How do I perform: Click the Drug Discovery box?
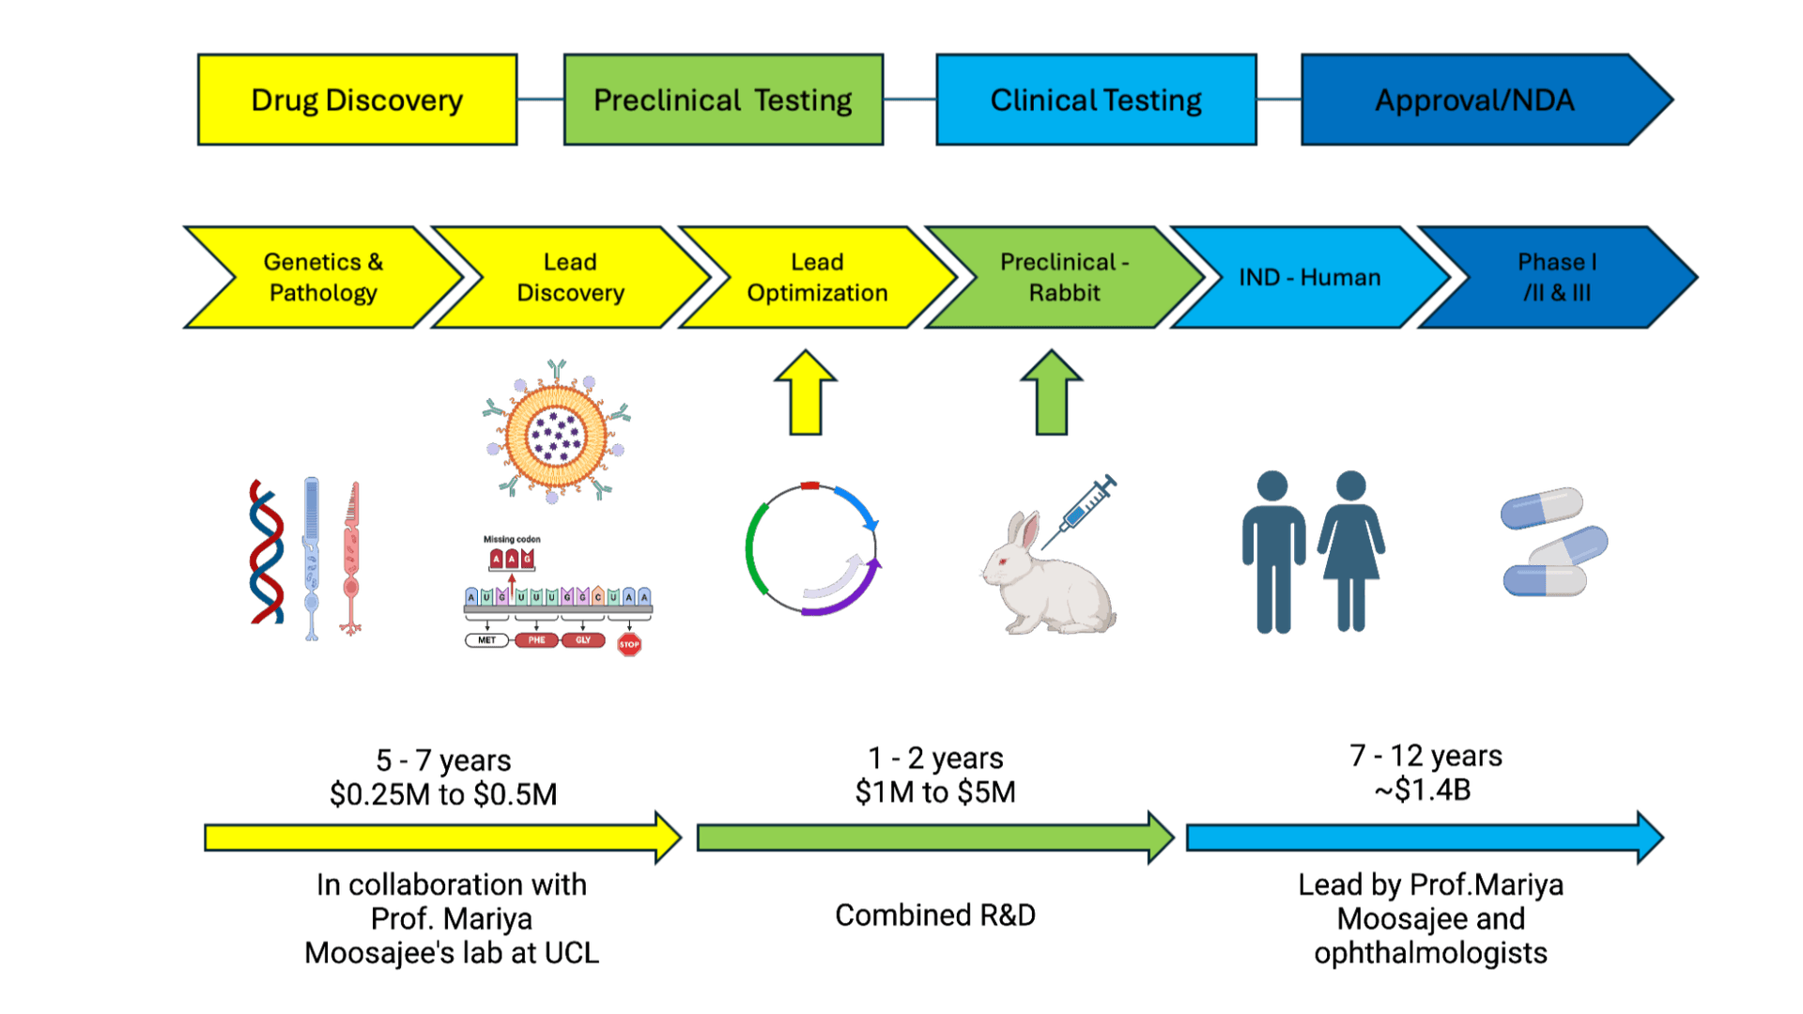(x=357, y=100)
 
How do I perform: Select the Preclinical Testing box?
(x=723, y=100)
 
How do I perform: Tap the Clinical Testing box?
(x=1096, y=100)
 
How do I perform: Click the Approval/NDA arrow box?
(x=1474, y=100)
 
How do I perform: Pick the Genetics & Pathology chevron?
(x=323, y=278)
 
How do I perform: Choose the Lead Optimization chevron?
(x=817, y=278)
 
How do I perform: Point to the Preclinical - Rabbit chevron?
(x=1064, y=278)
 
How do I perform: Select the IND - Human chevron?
(x=1309, y=278)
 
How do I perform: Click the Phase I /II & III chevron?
(x=1557, y=278)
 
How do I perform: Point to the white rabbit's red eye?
(x=1002, y=561)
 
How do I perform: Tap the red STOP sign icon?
(x=629, y=644)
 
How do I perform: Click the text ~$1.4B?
(x=1422, y=791)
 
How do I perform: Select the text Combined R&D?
(x=935, y=915)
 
